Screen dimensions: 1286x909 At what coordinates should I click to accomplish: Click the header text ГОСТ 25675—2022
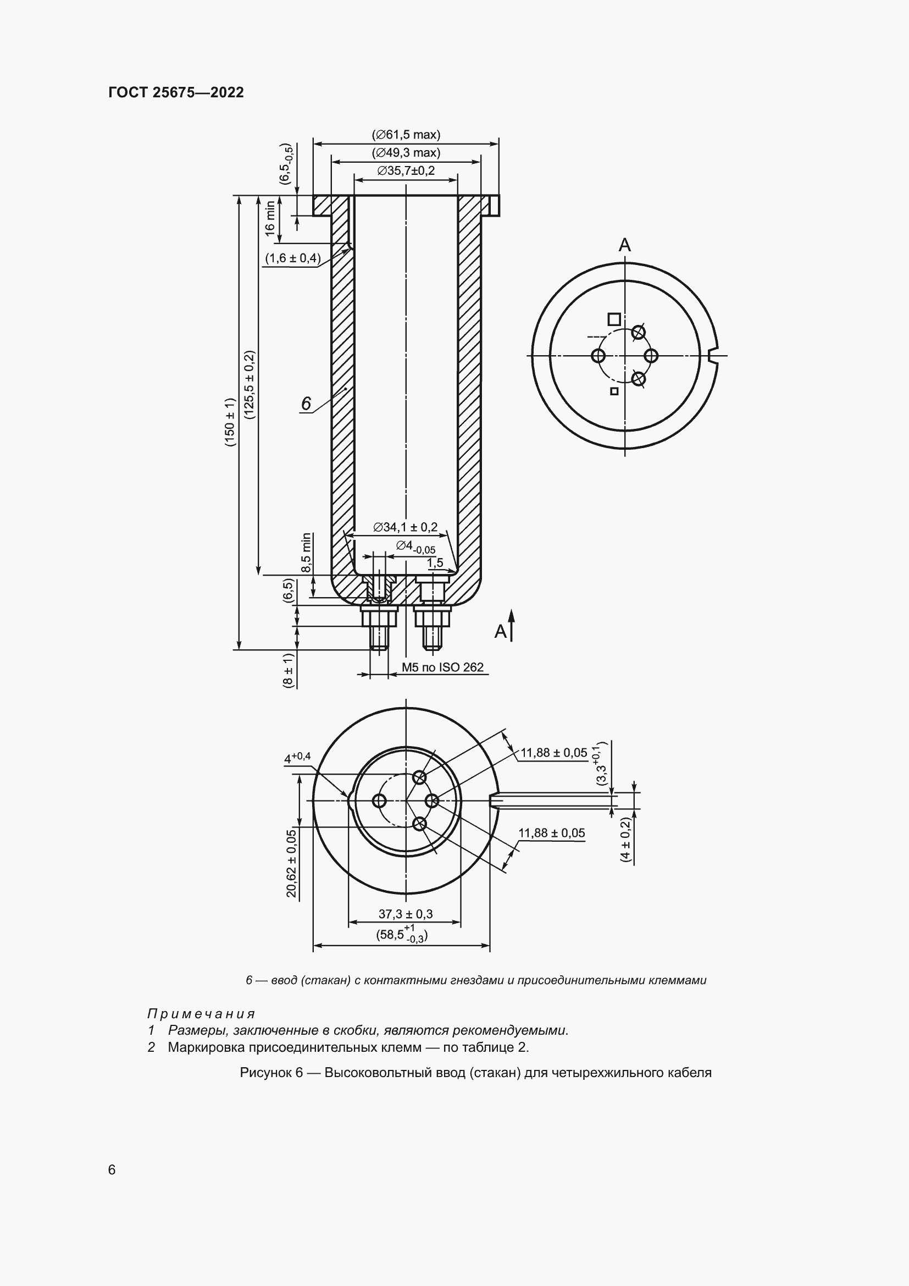[176, 92]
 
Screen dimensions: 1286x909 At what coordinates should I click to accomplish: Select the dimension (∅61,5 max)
[406, 134]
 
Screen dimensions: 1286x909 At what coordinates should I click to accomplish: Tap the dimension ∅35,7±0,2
[406, 170]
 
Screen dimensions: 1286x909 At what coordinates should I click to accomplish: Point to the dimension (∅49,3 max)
[406, 152]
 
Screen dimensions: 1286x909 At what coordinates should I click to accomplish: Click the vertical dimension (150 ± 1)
[230, 422]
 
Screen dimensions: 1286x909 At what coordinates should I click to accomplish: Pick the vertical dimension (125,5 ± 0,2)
[249, 385]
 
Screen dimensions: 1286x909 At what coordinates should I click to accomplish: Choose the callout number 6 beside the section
[306, 403]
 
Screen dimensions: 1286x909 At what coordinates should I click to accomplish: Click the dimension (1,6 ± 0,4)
[293, 258]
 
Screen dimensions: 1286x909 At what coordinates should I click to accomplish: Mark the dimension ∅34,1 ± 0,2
[405, 527]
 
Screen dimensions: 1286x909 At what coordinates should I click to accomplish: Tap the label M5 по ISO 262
[442, 667]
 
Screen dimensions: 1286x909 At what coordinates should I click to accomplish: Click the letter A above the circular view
[625, 245]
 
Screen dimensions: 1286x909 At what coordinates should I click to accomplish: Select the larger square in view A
[614, 319]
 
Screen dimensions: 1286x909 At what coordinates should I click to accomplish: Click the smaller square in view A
[614, 391]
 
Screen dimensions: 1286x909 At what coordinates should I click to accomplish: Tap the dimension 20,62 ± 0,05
[291, 863]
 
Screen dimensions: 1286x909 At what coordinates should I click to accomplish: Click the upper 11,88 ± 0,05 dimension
[553, 752]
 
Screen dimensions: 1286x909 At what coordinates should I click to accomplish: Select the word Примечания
[201, 1014]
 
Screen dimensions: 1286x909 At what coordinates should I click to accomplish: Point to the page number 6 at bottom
[112, 1170]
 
